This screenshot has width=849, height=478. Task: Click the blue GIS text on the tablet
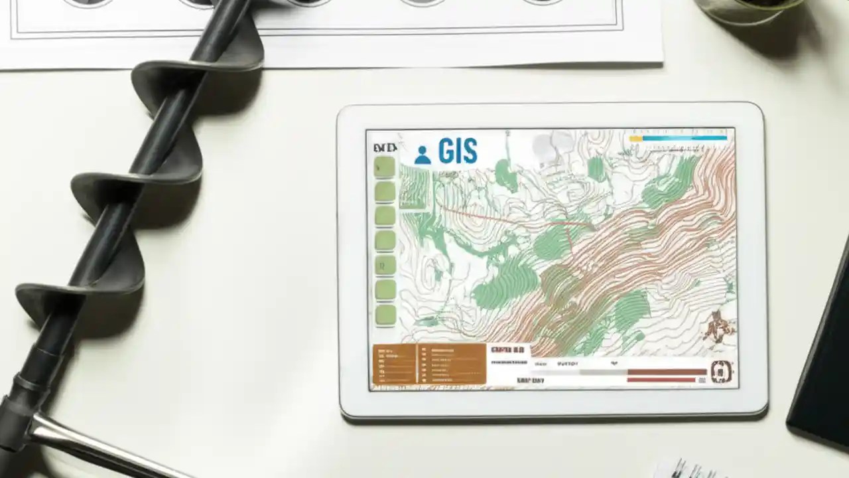[x=458, y=151]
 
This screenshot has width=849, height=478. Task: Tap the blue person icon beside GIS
[x=422, y=155]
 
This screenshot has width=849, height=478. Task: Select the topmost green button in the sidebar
[x=385, y=167]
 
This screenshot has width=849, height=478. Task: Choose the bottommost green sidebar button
[x=385, y=315]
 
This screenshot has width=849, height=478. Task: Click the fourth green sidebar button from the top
[x=385, y=240]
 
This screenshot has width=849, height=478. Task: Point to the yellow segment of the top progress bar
[x=635, y=139]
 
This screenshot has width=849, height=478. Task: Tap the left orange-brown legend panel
[x=394, y=364]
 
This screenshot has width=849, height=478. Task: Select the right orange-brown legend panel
[x=452, y=364]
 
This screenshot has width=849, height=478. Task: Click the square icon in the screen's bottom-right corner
[x=721, y=372]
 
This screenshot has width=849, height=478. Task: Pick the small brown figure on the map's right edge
[x=718, y=327]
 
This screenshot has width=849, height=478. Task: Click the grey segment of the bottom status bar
[x=603, y=372]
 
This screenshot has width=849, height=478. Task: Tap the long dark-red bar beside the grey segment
[x=667, y=372]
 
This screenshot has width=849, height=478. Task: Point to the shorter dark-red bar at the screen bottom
[x=661, y=380]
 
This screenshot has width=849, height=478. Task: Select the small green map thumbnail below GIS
[x=414, y=188]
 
